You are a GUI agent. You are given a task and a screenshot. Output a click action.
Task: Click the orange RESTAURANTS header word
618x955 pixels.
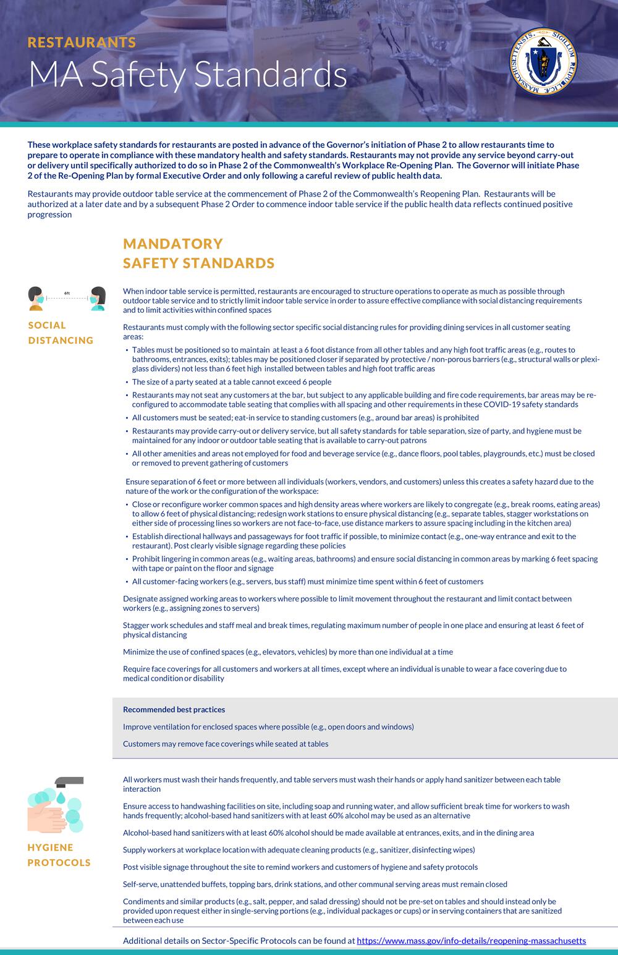82,42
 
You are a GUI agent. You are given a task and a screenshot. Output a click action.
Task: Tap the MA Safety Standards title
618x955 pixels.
187,75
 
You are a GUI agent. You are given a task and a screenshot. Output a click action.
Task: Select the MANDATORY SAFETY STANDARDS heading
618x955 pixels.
198,253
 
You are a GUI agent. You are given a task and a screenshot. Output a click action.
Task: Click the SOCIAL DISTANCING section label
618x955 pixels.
61,333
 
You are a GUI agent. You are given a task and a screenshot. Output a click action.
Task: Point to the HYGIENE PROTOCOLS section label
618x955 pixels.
59,855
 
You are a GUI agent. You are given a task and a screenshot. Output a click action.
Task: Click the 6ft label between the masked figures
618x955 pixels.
67,294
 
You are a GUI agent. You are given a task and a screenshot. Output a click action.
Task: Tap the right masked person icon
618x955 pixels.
97,298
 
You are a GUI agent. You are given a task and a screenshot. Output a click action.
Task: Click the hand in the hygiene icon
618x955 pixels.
46,816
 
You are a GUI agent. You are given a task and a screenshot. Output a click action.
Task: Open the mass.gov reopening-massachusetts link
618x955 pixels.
471,941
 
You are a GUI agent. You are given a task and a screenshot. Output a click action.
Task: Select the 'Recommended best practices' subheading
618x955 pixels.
174,710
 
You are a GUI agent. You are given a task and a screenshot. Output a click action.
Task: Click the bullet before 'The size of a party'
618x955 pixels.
127,383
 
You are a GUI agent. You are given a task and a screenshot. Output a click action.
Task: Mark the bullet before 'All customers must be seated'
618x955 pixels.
127,418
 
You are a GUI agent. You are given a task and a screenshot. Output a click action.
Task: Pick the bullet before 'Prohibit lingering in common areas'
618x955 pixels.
127,559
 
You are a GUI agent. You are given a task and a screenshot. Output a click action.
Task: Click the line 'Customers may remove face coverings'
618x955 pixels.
226,744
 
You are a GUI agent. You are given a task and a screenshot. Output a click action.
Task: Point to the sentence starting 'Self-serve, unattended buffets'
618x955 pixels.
315,884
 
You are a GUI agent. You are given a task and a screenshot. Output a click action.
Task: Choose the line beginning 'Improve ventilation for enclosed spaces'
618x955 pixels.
268,727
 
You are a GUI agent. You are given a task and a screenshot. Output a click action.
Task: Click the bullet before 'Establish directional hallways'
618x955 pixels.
127,537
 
